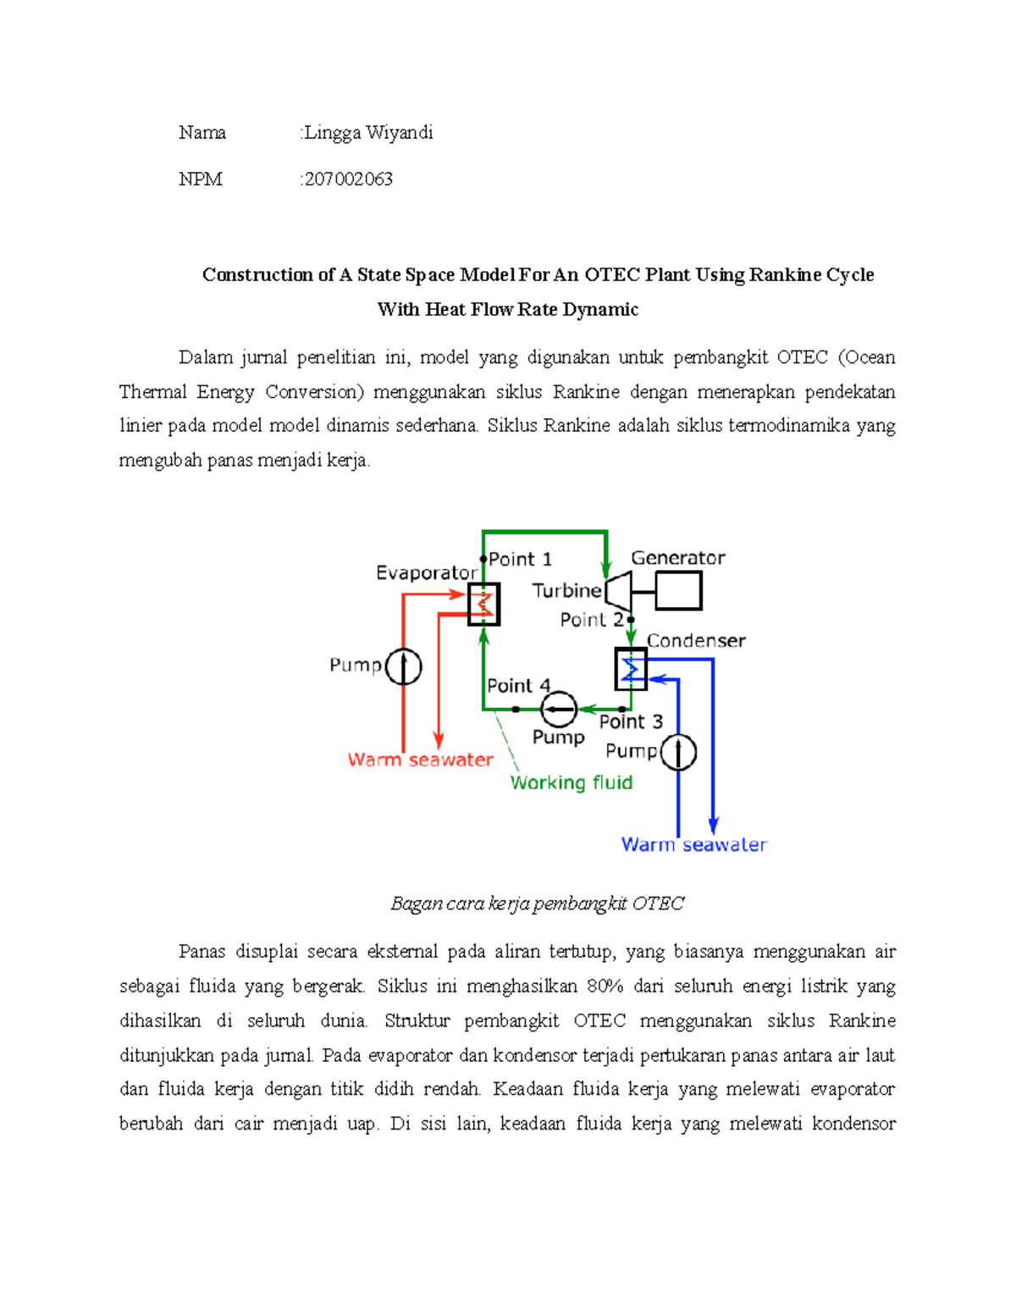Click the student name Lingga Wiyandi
pos(368,133)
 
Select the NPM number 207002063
pos(348,180)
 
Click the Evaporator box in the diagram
pos(483,605)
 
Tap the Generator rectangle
pos(678,590)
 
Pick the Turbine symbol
pos(619,590)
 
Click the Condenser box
pos(631,669)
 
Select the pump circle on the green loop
pos(559,709)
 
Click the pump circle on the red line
pos(403,666)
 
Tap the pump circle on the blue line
pos(678,752)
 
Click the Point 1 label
pos(520,560)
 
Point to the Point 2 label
pos(592,620)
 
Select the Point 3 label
pos(631,722)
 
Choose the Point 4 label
pos(518,686)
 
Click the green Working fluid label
pos(571,783)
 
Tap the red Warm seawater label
pos(421,760)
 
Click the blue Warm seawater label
pos(694,845)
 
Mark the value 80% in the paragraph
pos(604,986)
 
